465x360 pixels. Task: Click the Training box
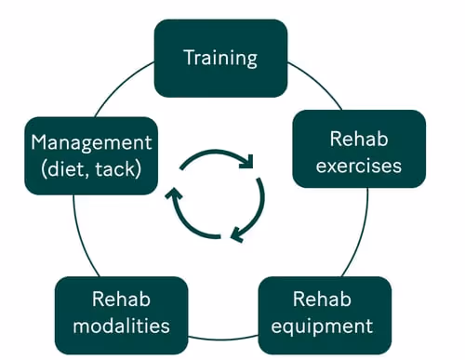(x=219, y=58)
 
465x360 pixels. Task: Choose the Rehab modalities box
(x=121, y=314)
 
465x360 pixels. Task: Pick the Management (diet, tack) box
(x=91, y=155)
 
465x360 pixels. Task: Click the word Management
(x=91, y=142)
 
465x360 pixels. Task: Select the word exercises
(x=358, y=167)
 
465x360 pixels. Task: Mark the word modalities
(x=121, y=327)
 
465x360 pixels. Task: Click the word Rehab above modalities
(x=121, y=300)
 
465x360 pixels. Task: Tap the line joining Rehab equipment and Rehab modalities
(x=223, y=339)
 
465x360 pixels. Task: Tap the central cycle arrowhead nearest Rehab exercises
(x=247, y=164)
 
